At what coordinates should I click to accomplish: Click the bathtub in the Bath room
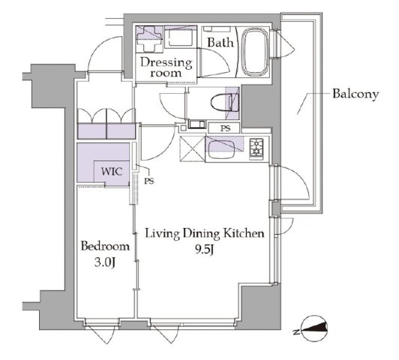(x=254, y=52)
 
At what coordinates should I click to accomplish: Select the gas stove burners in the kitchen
(x=256, y=148)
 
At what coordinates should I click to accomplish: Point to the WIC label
(x=112, y=172)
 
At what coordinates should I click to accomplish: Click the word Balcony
(x=355, y=94)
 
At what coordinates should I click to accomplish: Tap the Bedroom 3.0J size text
(x=105, y=262)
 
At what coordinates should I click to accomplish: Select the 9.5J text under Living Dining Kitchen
(x=204, y=250)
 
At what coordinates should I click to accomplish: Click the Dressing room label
(x=166, y=67)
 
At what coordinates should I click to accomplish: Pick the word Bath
(x=220, y=43)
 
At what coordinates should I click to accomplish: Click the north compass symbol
(x=313, y=328)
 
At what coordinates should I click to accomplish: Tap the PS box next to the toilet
(x=224, y=128)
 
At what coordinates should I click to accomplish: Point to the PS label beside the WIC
(x=149, y=181)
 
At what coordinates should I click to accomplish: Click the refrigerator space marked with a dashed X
(x=192, y=149)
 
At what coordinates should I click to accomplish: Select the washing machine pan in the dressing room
(x=181, y=37)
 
